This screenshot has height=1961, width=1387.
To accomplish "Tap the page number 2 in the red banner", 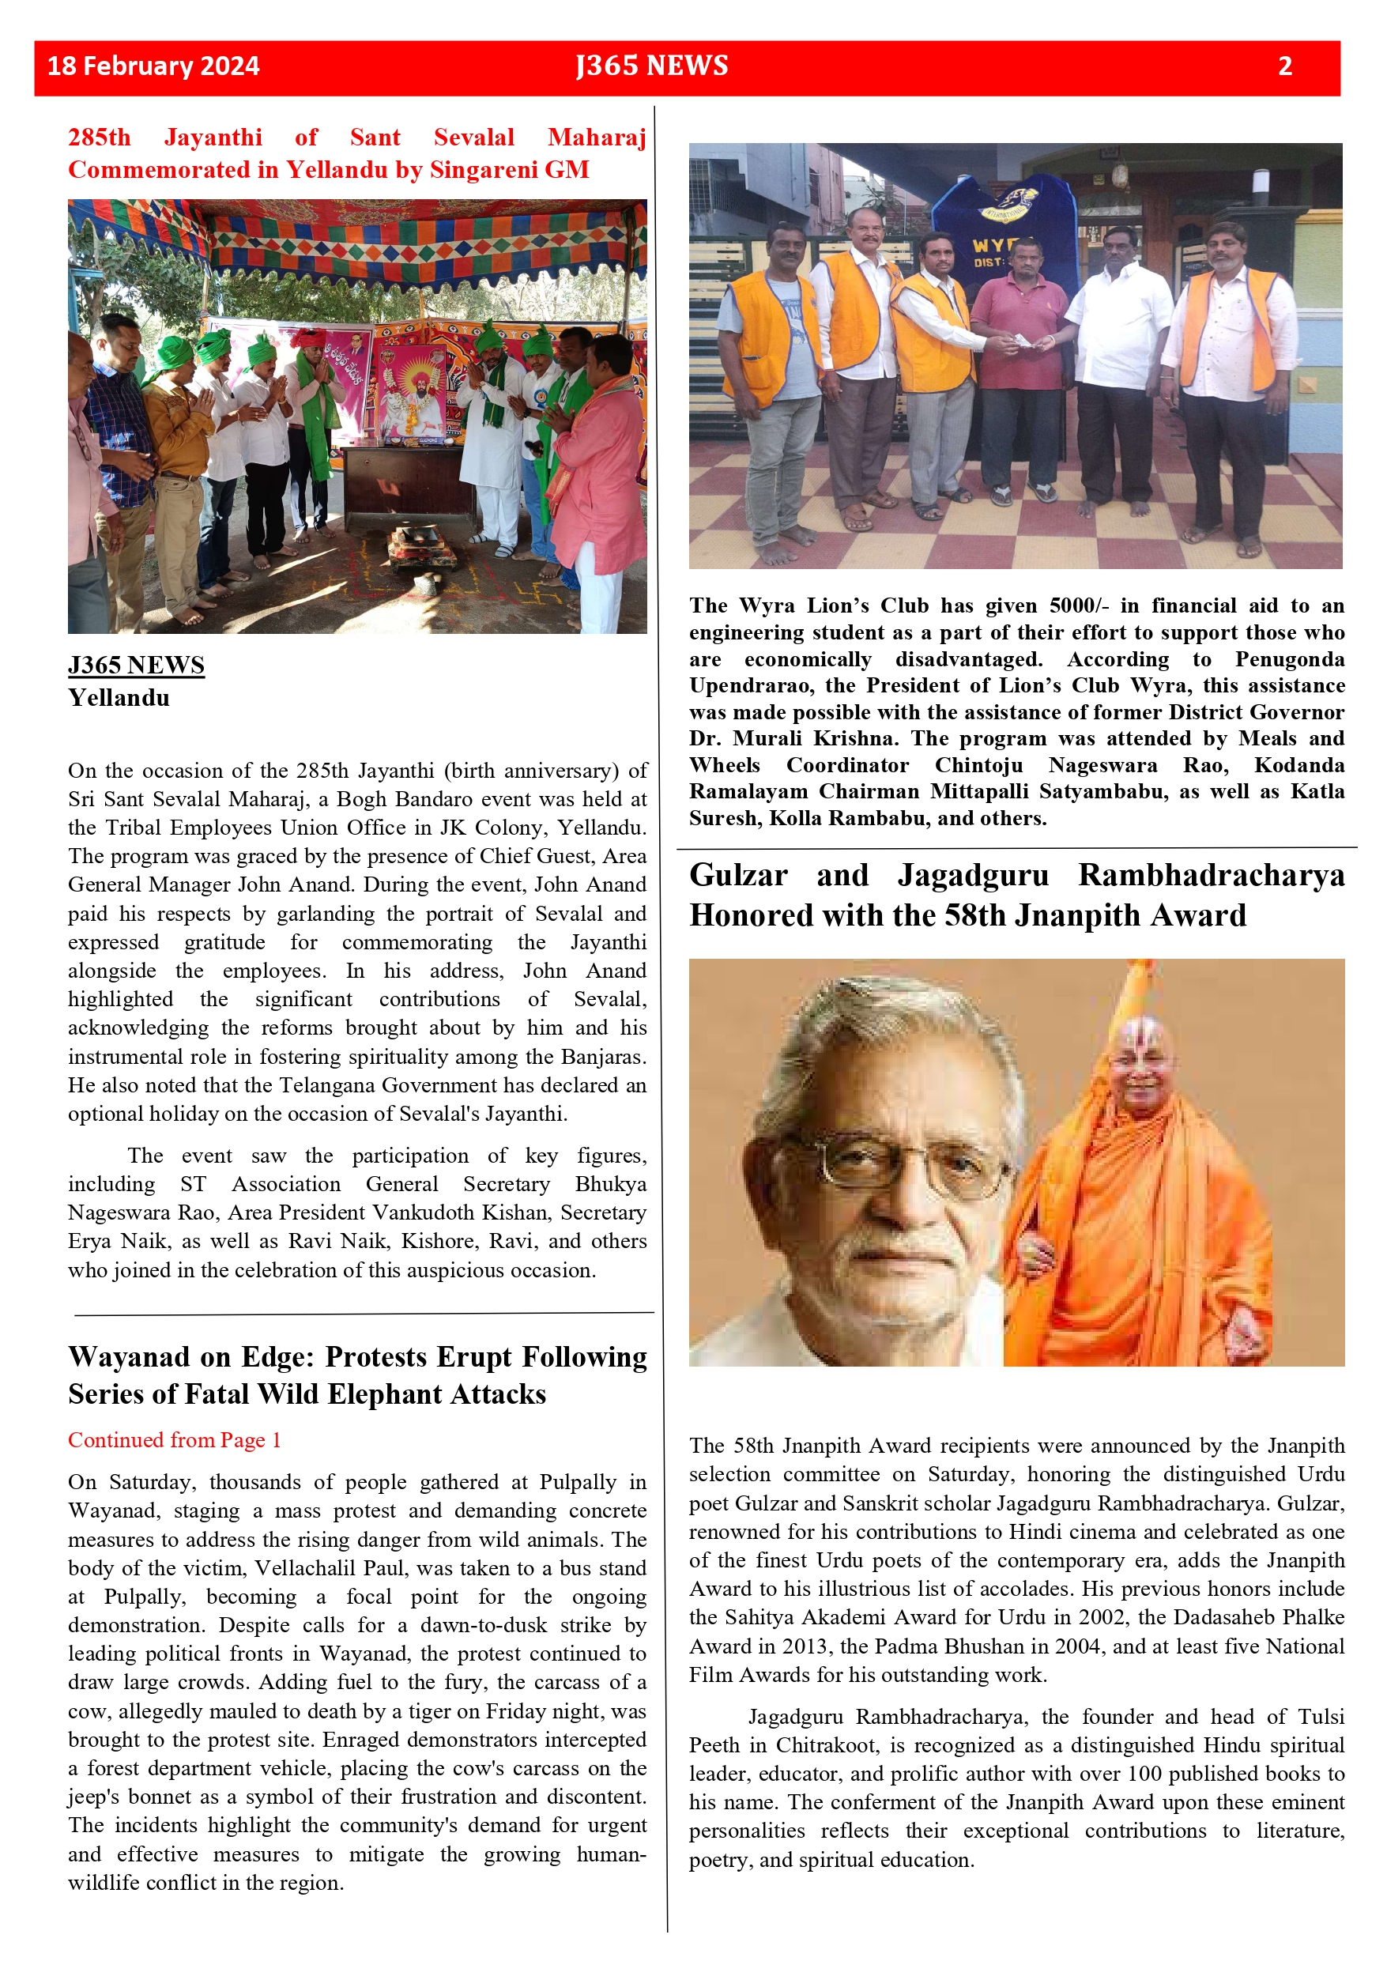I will [1284, 66].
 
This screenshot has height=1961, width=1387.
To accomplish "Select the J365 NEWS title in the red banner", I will [652, 66].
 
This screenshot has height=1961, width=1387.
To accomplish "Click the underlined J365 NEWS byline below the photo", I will [136, 666].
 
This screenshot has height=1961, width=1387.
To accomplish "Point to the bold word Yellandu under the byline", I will [119, 698].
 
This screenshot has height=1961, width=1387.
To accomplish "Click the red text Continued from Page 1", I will [174, 1440].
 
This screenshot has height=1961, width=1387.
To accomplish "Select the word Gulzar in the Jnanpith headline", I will [738, 876].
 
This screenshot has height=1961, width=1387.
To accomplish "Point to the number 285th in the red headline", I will [99, 138].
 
